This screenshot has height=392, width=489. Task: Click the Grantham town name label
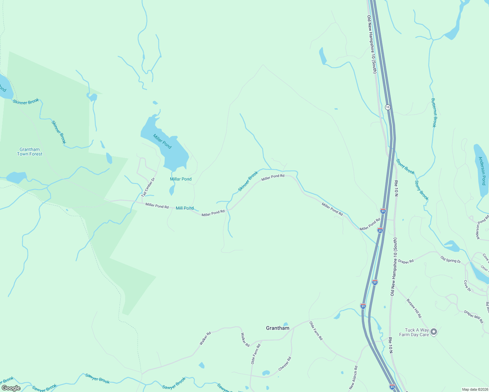(278, 328)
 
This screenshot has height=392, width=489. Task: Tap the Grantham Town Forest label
(30, 152)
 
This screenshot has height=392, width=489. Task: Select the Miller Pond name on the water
(162, 141)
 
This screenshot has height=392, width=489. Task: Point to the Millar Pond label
(181, 179)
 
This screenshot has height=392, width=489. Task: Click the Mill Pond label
(185, 208)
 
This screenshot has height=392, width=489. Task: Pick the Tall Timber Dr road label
(148, 187)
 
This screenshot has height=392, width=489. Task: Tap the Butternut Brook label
(434, 112)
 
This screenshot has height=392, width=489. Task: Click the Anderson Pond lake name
(482, 171)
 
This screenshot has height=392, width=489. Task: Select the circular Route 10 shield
(388, 107)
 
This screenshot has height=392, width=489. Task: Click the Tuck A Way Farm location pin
(434, 332)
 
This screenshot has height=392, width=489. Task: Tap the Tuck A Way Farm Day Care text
(414, 332)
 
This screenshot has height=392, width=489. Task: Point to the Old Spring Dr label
(450, 260)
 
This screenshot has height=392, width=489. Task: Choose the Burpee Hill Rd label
(414, 308)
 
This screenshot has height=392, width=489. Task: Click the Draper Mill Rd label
(474, 317)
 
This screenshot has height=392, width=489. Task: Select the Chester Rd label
(285, 364)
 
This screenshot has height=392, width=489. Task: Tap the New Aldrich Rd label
(353, 378)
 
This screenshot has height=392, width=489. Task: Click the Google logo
(11, 388)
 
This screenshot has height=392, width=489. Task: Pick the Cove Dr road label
(468, 286)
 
